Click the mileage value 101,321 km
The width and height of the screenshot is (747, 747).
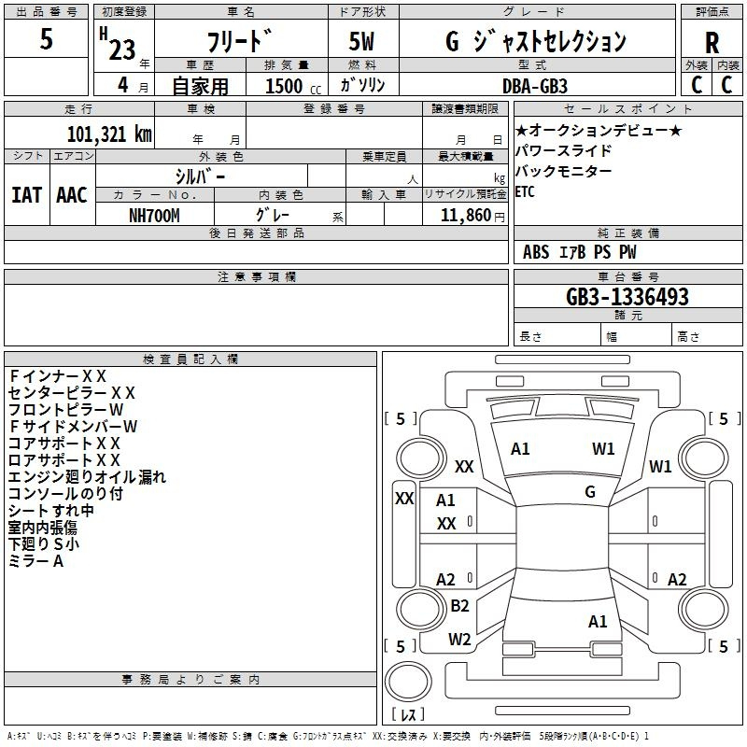click(109, 134)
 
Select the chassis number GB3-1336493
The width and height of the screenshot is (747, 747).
click(627, 297)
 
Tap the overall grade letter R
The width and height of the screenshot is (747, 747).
click(712, 43)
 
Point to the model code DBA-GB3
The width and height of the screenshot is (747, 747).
click(535, 86)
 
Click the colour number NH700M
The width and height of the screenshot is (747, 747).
click(154, 216)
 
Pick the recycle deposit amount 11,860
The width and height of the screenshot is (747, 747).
click(465, 216)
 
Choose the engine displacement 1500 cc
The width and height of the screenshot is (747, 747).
click(293, 86)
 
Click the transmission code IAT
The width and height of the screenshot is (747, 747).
click(27, 195)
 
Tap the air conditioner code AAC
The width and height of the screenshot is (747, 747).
click(72, 195)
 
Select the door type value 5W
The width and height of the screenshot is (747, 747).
click(361, 41)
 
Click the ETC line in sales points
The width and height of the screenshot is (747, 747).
click(525, 192)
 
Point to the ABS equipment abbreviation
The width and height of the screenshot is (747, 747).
click(536, 252)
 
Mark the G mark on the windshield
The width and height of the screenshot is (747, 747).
click(590, 492)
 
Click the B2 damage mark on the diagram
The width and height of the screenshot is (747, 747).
click(459, 606)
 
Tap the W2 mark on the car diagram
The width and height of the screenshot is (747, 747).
click(459, 640)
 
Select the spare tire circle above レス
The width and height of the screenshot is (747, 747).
click(408, 682)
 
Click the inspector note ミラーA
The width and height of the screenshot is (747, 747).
click(35, 561)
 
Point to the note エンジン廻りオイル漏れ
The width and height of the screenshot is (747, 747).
click(87, 477)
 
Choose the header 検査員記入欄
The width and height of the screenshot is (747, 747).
click(190, 359)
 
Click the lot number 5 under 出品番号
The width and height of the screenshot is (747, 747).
click(46, 38)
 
